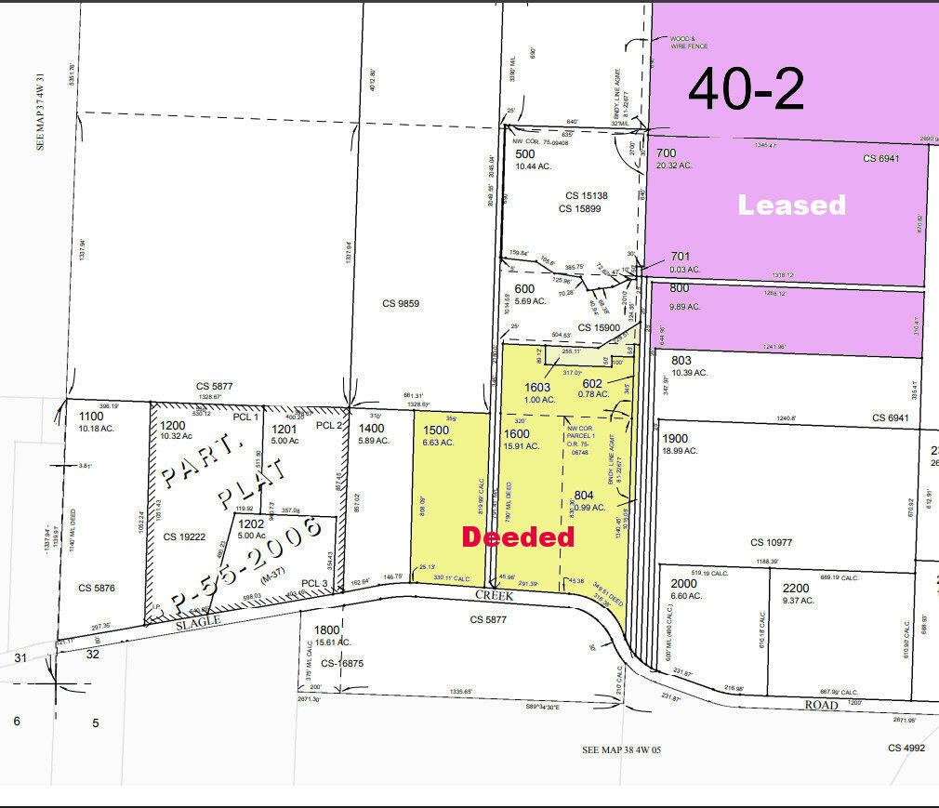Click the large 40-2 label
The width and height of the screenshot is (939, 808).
point(746,90)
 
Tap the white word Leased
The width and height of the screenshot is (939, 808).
point(792,205)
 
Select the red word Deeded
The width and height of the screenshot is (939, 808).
point(518,536)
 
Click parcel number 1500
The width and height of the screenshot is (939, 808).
point(436,430)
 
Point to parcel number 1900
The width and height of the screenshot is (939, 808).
point(676,438)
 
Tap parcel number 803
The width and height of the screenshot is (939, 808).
point(681,360)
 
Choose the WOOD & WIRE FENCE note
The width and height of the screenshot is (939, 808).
point(689,43)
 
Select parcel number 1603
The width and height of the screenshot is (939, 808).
point(537,388)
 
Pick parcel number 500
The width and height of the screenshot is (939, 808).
point(525,153)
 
